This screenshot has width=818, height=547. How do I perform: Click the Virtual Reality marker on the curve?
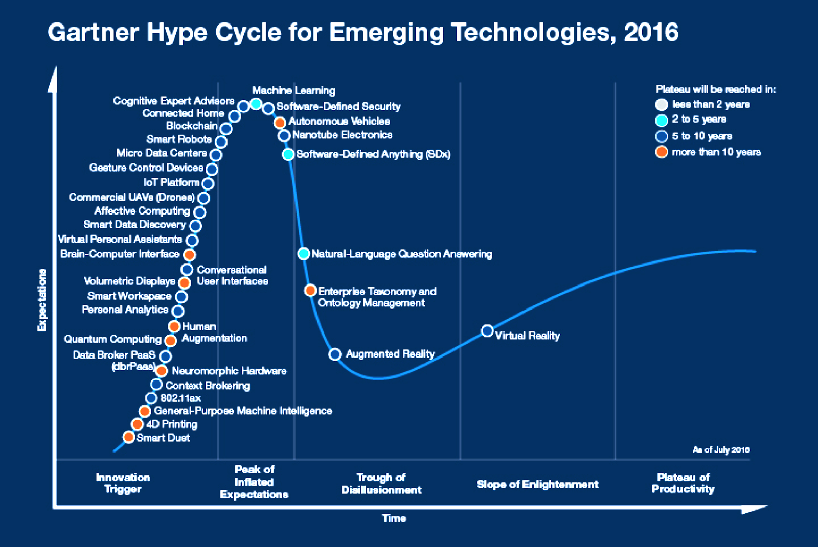pos(488,331)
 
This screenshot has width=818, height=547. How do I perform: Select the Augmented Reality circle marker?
pos(335,354)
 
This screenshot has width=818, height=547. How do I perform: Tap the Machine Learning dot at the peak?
pos(256,105)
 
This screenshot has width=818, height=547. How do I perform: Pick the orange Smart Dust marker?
pos(129,437)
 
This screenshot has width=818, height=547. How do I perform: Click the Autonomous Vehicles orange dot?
pos(280,123)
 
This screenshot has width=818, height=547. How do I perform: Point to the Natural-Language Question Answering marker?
pos(304,253)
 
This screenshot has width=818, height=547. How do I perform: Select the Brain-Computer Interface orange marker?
pos(190,254)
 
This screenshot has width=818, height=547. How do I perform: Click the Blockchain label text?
pos(192,126)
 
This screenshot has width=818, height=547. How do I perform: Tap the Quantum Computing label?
pos(112,339)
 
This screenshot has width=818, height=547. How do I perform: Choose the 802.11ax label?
pos(180,398)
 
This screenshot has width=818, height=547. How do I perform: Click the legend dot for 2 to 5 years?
pos(662,121)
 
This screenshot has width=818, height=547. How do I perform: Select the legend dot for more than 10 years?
pos(662,152)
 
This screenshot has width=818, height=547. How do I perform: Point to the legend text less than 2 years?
pos(711,104)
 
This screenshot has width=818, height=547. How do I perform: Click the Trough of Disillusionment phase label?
pos(381,484)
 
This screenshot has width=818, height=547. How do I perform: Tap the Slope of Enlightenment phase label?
pos(537,484)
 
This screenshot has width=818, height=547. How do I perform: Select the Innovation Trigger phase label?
pos(123,483)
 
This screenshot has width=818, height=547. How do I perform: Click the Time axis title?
pos(394,518)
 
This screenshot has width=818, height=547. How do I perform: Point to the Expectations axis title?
pos(42,300)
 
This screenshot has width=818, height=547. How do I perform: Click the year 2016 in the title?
pos(651,33)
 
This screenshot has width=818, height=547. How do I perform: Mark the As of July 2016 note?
pos(721,450)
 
